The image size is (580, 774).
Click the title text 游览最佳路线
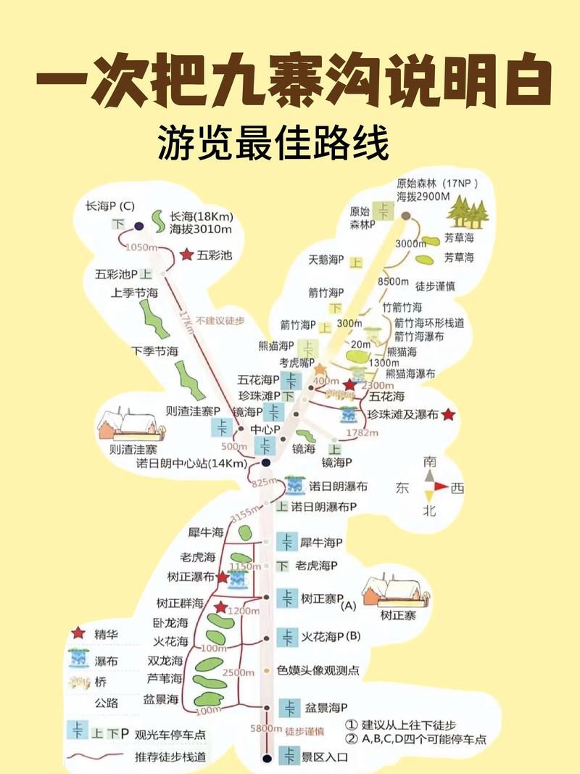[273, 143]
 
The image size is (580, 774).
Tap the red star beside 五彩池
[186, 255]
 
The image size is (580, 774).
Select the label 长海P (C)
[109, 206]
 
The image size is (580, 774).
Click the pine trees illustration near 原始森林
[467, 211]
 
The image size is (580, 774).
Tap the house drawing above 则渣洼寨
[126, 425]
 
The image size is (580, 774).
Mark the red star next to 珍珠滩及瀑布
[448, 415]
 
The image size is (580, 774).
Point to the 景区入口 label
[324, 757]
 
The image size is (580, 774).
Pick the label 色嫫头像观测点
[318, 670]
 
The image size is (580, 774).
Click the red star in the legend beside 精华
[78, 634]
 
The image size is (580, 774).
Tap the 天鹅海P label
[326, 259]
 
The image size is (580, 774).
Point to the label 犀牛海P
[321, 542]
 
